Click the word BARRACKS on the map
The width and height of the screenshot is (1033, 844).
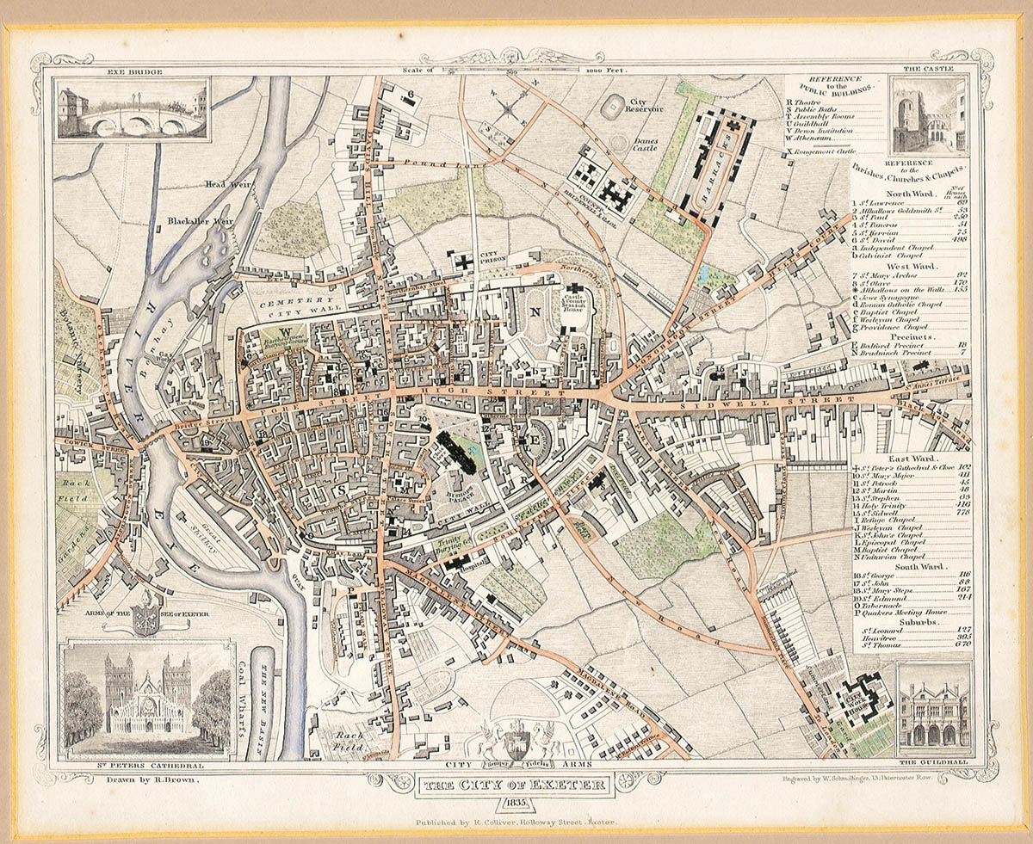click(727, 168)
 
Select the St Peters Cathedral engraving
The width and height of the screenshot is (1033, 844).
click(148, 699)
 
